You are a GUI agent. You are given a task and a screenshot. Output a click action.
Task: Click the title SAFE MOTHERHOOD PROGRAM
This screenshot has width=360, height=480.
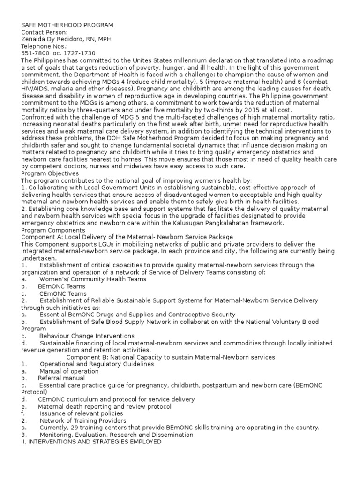67,25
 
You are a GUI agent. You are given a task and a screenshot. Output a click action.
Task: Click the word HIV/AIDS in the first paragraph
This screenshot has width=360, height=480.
37,89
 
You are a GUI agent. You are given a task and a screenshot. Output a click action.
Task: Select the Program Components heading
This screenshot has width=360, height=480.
53,231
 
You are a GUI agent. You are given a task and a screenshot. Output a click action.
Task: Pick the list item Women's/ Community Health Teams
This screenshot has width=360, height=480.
93,279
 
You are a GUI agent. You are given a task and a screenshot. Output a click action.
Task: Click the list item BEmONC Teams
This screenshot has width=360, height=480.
62,286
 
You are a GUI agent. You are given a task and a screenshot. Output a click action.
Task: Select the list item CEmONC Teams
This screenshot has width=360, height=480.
63,293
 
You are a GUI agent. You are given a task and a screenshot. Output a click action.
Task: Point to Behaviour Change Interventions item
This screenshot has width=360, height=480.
87,336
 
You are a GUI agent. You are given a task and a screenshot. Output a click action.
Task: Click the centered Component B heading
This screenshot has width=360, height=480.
171,357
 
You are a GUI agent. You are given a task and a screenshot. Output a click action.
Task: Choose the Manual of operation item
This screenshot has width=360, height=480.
69,371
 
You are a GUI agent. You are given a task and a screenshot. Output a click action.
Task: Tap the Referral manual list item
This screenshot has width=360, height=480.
61,378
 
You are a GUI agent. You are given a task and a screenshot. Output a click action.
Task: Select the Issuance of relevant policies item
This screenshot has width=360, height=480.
81,413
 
